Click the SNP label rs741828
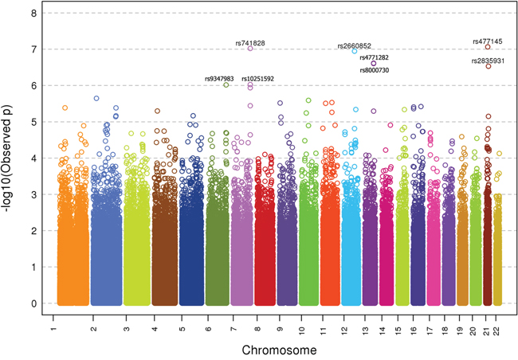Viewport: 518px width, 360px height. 250,42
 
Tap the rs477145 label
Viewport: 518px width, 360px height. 487,41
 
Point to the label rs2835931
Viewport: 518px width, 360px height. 489,61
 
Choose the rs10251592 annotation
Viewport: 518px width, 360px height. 257,78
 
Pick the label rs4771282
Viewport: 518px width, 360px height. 374,57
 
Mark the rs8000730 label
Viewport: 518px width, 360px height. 374,70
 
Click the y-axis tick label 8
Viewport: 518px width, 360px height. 32,14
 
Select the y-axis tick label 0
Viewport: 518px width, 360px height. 32,303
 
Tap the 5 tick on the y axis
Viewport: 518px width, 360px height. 32,122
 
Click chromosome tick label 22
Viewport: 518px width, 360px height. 498,329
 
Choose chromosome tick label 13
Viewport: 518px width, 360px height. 365,329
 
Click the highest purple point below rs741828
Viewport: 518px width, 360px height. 250,48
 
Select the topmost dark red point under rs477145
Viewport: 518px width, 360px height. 488,47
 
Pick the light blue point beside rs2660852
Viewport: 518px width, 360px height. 354,51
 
